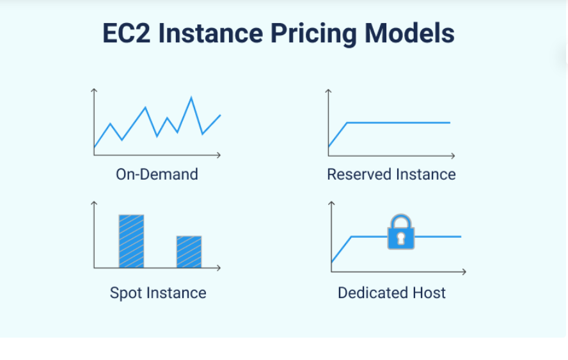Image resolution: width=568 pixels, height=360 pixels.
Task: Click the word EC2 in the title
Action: (x=127, y=33)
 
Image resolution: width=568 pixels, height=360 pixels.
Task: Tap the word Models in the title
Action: (x=409, y=33)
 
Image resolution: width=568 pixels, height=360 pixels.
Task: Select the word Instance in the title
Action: (x=210, y=33)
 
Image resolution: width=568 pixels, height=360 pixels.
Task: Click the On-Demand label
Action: (x=157, y=174)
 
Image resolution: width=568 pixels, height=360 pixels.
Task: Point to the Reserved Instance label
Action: (x=391, y=174)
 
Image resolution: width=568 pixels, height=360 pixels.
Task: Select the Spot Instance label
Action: (x=158, y=293)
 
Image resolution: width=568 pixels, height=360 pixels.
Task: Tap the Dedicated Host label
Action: (x=391, y=293)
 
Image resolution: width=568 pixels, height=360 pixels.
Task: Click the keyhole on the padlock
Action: (x=400, y=238)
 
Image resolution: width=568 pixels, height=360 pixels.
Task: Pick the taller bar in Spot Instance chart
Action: (x=132, y=241)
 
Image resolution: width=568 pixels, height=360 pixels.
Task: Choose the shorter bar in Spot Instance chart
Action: (x=189, y=252)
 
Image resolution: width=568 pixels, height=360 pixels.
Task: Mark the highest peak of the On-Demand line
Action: (x=191, y=97)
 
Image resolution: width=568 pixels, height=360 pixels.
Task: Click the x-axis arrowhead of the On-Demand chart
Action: (x=218, y=155)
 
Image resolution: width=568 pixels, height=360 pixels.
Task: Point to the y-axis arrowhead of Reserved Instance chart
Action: (x=328, y=91)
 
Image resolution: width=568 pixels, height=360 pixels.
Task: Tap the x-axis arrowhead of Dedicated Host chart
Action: (x=464, y=272)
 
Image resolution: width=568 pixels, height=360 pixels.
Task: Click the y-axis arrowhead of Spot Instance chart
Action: (x=94, y=203)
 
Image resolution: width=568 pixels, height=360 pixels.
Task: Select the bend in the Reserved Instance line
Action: (x=347, y=123)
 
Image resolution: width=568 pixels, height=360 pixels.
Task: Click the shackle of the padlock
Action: (x=400, y=221)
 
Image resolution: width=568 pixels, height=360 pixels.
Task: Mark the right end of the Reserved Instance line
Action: (x=450, y=123)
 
